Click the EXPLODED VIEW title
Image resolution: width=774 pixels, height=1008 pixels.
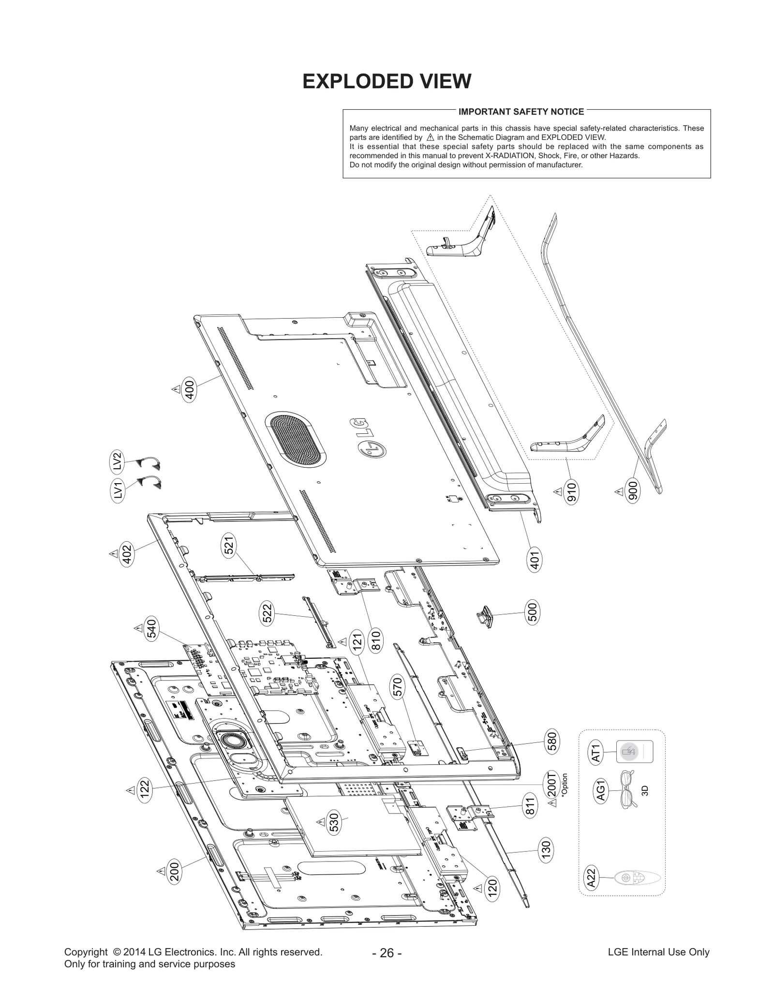(x=387, y=81)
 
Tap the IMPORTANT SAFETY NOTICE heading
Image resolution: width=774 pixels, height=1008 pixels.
(x=521, y=112)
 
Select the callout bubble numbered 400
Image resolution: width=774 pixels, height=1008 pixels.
(x=189, y=391)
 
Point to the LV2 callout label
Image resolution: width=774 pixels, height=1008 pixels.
(x=117, y=460)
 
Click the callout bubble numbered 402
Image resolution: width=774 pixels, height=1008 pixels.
(x=127, y=554)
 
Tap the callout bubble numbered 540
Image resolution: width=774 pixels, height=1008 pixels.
(x=152, y=629)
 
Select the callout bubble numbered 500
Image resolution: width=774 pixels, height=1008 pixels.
(x=532, y=613)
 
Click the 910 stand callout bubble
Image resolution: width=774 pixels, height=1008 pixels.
(x=572, y=492)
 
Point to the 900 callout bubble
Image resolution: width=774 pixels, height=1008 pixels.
(x=633, y=491)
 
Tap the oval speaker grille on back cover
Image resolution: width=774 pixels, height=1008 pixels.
(x=295, y=440)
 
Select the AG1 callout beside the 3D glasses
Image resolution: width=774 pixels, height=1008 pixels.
(x=600, y=791)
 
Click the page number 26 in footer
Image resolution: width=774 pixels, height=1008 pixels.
(x=387, y=953)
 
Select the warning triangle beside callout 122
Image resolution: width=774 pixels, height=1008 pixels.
(x=130, y=790)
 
